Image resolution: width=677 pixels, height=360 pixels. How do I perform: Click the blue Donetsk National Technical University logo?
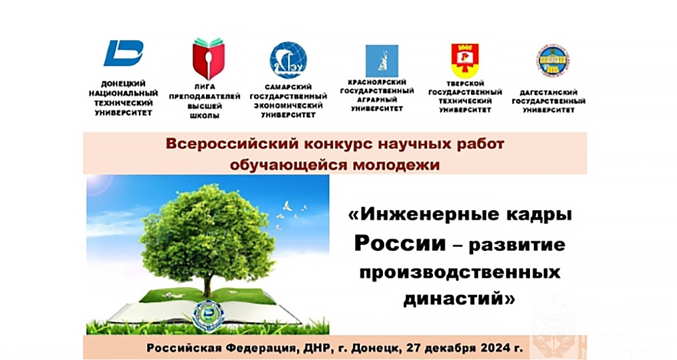pos(123,53)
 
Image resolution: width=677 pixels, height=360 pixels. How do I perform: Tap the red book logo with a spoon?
pos(209,59)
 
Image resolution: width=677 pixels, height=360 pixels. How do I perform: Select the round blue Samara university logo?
pos(288,60)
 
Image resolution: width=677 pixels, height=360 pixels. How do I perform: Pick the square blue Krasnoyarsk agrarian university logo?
pos(382,61)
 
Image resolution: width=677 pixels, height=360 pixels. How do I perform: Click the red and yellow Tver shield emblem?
pos(465,60)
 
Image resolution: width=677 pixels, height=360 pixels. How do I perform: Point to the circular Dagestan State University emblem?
pos(553,61)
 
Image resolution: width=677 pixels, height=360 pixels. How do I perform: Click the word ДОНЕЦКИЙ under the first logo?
pos(123,83)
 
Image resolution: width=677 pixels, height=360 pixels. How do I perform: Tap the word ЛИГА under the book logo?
pos(205,87)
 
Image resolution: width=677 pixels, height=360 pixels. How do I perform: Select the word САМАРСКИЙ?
pos(289,87)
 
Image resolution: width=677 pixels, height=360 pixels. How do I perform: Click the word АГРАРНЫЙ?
pos(377,100)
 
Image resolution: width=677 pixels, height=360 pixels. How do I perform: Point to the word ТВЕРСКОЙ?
pos(465,83)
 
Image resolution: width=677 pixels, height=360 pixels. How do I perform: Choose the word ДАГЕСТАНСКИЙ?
pos(549,92)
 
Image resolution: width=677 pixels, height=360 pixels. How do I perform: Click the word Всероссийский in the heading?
pos(233,144)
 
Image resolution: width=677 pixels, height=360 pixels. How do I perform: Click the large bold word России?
pos(400,243)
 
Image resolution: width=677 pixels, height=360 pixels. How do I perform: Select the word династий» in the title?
pos(459,298)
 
